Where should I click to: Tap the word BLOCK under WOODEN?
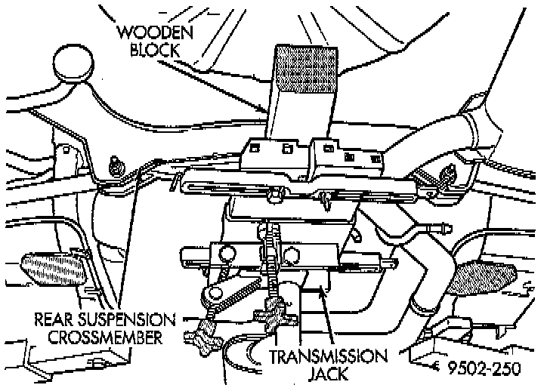pos(156,51)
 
